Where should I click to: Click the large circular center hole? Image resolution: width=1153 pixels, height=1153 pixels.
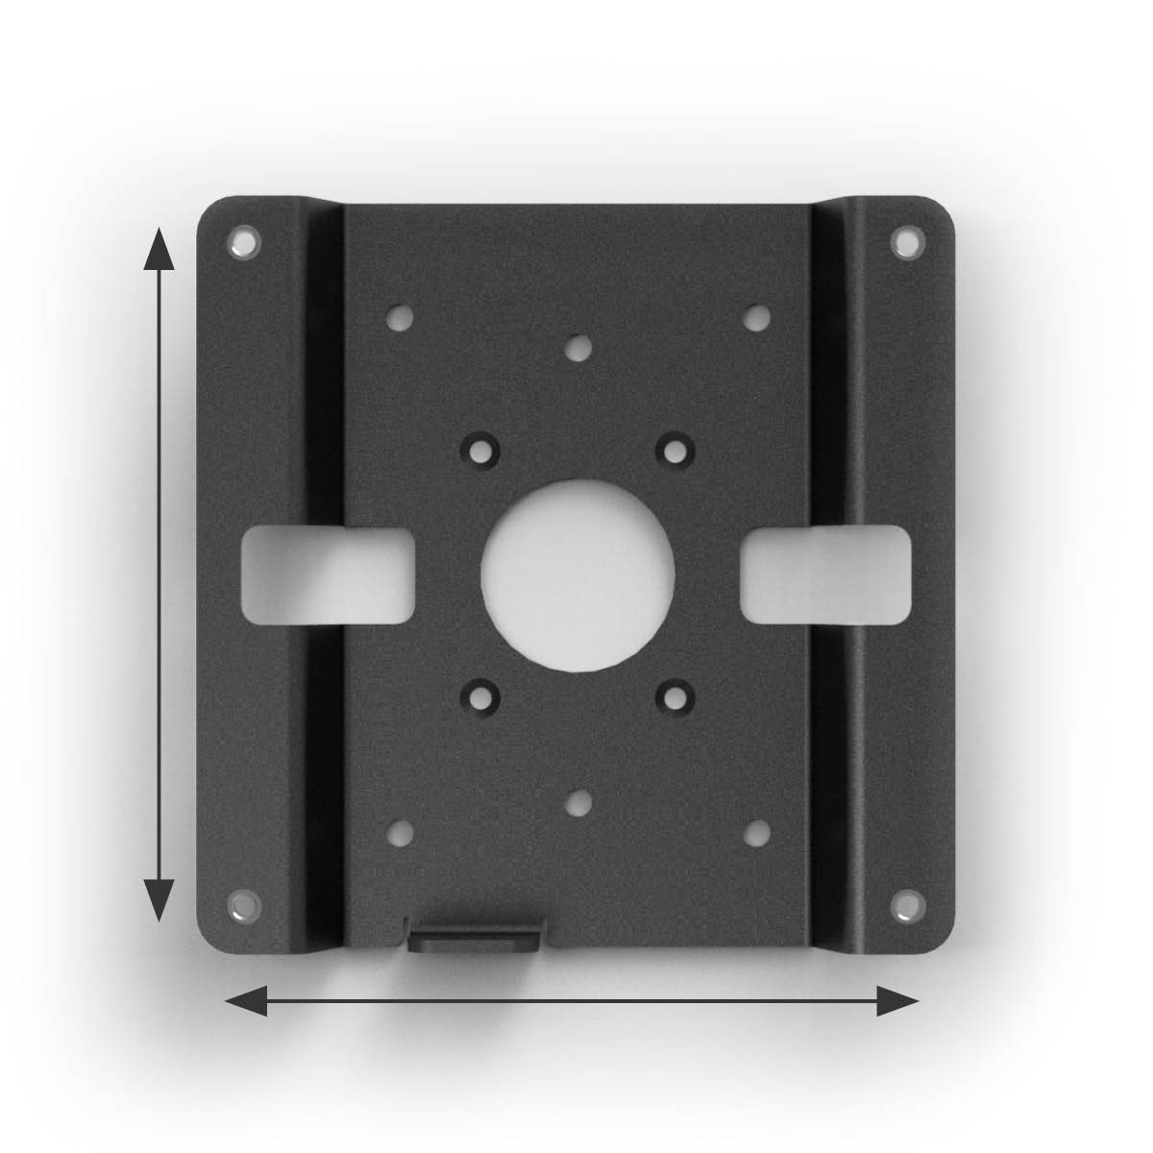tap(577, 574)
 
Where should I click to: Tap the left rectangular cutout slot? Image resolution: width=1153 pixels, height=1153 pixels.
tap(328, 574)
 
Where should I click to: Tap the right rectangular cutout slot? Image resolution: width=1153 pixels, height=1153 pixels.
tap(825, 574)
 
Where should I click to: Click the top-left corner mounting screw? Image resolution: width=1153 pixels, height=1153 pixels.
tap(245, 240)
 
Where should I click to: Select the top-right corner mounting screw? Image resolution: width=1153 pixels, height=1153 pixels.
tap(904, 241)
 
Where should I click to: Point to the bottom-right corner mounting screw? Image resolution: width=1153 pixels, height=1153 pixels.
tap(904, 905)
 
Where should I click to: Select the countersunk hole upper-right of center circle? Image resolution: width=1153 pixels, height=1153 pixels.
tap(675, 448)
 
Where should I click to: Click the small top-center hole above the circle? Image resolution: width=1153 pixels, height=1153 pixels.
tap(577, 347)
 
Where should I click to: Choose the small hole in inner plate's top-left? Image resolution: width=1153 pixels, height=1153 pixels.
tap(400, 316)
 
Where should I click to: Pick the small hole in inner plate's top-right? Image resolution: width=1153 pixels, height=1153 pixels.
tap(756, 316)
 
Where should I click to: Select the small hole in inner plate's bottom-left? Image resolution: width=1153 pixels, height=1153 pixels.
tap(400, 832)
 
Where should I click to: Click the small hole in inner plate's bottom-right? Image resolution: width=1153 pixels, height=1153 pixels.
tap(756, 832)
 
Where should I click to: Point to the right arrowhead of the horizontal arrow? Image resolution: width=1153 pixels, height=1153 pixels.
tap(898, 1001)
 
